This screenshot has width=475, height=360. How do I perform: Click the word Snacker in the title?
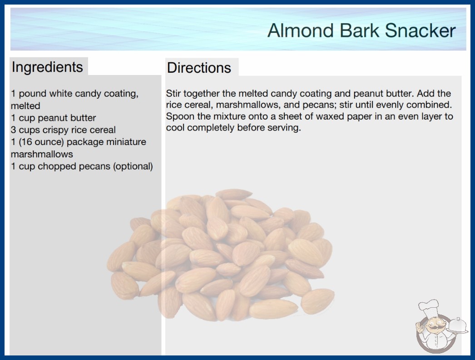pyautogui.click(x=420, y=30)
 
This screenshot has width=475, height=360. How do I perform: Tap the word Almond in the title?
pyautogui.click(x=301, y=30)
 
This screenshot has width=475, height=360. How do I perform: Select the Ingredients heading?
pyautogui.click(x=47, y=67)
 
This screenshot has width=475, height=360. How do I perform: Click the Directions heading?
pyautogui.click(x=199, y=68)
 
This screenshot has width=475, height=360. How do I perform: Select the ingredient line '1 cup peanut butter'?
pyautogui.click(x=53, y=118)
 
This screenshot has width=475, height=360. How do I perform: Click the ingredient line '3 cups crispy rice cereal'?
pyautogui.click(x=63, y=130)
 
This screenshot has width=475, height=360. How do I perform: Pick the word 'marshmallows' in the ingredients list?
pyautogui.click(x=42, y=154)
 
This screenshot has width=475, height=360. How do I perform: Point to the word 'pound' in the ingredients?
pyautogui.click(x=33, y=94)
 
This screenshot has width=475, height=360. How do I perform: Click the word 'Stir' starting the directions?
pyautogui.click(x=173, y=94)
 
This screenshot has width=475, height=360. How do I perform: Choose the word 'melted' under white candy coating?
pyautogui.click(x=25, y=106)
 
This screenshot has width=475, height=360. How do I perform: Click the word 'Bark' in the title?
pyautogui.click(x=359, y=30)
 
